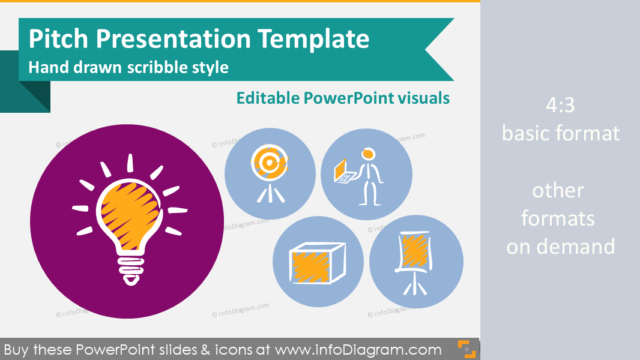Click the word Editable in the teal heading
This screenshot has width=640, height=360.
267,98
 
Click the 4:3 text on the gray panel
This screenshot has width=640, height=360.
560,106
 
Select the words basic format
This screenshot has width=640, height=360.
560,133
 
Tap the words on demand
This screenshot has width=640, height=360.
560,246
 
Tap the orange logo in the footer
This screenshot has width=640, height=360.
466,349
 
